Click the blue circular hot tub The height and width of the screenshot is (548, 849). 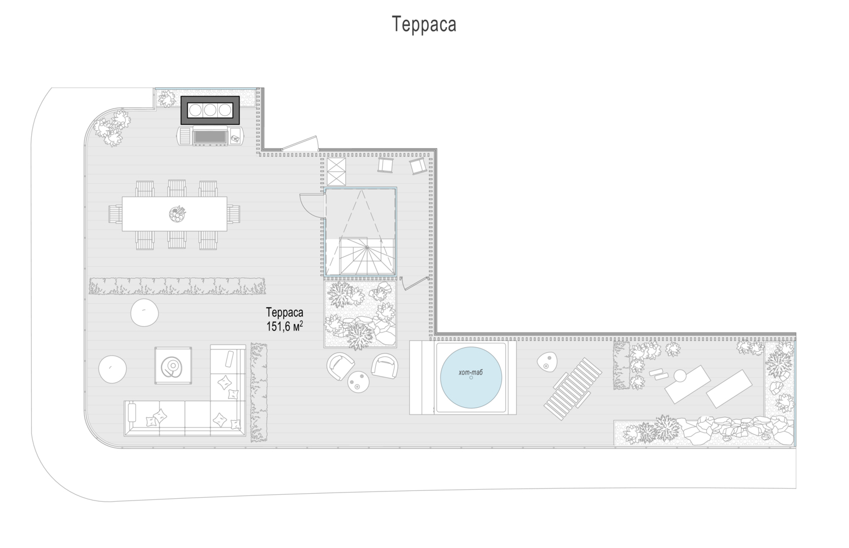(471, 378)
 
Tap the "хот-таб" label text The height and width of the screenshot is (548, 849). (471, 372)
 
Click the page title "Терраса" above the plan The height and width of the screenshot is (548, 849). (424, 24)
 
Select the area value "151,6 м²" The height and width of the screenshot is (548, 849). (285, 326)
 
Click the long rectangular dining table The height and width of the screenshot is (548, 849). (175, 214)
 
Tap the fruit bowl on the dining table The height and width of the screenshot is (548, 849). (177, 214)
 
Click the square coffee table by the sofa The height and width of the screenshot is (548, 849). (173, 365)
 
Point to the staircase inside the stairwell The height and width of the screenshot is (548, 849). (367, 255)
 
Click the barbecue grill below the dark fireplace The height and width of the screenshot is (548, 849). (211, 136)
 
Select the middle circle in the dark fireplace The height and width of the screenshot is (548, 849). (210, 110)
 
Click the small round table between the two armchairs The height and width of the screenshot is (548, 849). (358, 382)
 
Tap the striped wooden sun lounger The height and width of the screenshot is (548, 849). (573, 389)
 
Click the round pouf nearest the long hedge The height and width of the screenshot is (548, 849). (144, 312)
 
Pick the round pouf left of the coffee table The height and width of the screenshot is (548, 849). (113, 369)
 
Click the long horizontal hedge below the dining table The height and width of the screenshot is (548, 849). (177, 286)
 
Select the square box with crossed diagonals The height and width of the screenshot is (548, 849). (336, 171)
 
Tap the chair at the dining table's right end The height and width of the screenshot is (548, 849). (234, 214)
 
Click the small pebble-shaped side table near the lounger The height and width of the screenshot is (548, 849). (547, 362)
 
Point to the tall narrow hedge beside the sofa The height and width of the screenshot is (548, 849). (259, 392)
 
